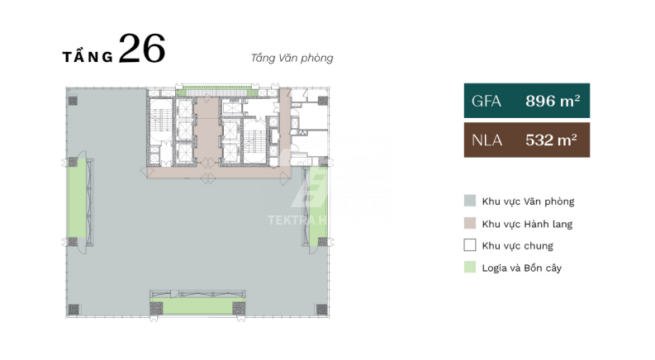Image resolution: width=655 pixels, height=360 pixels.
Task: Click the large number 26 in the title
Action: point(142,48)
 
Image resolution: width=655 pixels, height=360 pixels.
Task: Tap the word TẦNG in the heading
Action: point(88,55)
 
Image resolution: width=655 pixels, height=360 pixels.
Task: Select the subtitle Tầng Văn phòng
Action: point(292,58)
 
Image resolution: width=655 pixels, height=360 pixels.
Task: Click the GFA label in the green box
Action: point(487,101)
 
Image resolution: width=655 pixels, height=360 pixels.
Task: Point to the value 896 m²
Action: point(553,101)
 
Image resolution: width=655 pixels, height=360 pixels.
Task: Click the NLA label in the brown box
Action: point(487,140)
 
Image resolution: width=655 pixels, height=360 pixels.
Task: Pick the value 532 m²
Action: point(551,140)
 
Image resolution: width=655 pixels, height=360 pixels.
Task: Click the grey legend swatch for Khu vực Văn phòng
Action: point(470,201)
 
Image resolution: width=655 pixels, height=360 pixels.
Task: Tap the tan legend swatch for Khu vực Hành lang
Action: point(470,223)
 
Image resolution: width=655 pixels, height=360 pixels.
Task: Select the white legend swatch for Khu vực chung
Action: point(470,244)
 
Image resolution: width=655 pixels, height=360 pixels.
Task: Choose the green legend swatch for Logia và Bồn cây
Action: point(470,267)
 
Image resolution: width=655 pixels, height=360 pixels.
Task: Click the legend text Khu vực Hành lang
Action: point(527,225)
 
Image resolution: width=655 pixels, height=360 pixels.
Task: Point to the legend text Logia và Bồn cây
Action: point(522,268)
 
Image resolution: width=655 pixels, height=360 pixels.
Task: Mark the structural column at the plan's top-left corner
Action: point(73,101)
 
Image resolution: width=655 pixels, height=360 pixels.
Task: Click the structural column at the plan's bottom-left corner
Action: point(74,310)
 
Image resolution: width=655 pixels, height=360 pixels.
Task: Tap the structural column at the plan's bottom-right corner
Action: point(321,310)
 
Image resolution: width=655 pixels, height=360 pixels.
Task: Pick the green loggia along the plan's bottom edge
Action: point(197,306)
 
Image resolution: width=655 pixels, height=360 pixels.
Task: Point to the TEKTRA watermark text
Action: point(297,220)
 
